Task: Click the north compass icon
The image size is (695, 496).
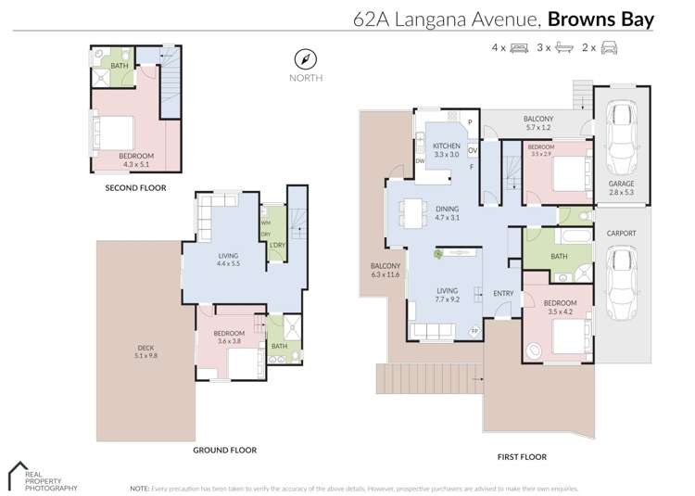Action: pyautogui.click(x=305, y=58)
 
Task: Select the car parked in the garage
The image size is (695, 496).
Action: pyautogui.click(x=621, y=137)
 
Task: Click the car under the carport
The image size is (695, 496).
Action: pyautogui.click(x=621, y=277)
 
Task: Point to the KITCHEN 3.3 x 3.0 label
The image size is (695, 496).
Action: pyautogui.click(x=446, y=150)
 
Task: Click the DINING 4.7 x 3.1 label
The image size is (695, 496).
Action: pyautogui.click(x=448, y=213)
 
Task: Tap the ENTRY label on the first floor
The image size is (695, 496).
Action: pyautogui.click(x=503, y=294)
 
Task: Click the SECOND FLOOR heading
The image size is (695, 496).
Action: pyautogui.click(x=135, y=187)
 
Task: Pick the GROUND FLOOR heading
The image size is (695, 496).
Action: pyautogui.click(x=224, y=450)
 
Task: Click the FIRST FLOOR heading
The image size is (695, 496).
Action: pyautogui.click(x=521, y=456)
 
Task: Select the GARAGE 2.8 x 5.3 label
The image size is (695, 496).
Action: pyautogui.click(x=622, y=188)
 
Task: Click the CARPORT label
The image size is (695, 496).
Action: pyautogui.click(x=621, y=234)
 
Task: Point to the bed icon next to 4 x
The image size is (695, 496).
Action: pyautogui.click(x=520, y=46)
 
